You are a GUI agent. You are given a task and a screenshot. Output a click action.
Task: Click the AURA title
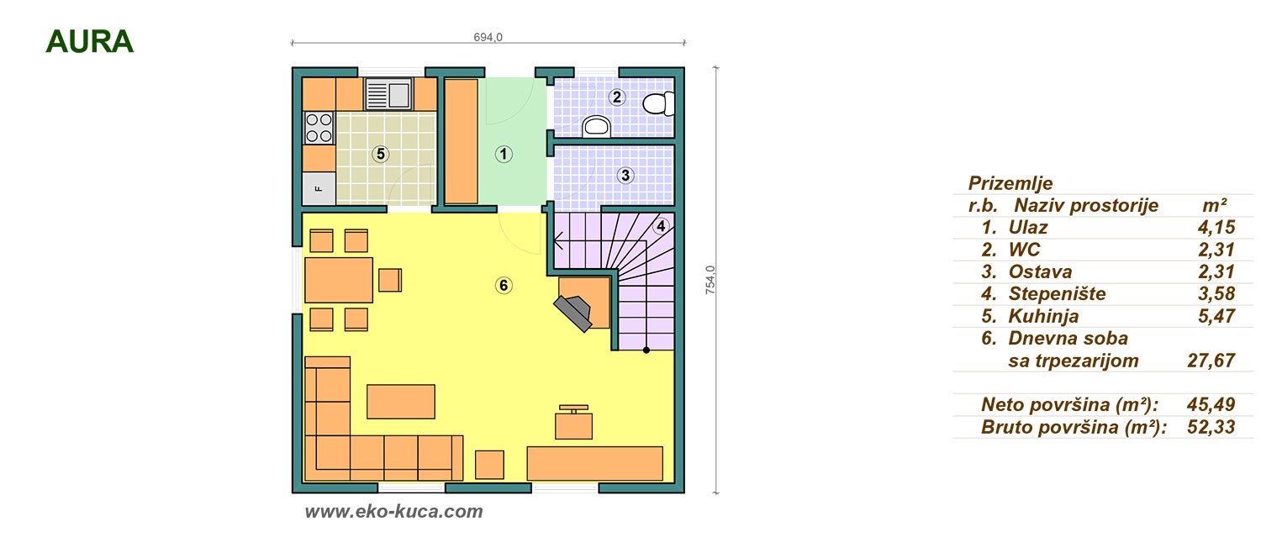pyautogui.click(x=89, y=42)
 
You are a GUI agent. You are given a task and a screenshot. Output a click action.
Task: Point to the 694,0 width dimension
pyautogui.click(x=488, y=37)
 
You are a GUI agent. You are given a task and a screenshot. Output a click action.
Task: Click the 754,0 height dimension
pyautogui.click(x=710, y=280)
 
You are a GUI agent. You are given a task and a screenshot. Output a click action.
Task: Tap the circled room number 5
pyautogui.click(x=381, y=154)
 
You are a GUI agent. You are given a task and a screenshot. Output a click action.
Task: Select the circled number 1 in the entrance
pyautogui.click(x=504, y=154)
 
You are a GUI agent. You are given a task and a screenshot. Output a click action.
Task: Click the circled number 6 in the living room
pyautogui.click(x=504, y=285)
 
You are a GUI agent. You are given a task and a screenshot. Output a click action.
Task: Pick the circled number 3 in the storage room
pyautogui.click(x=625, y=175)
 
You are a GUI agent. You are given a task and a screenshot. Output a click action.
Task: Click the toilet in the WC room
pyautogui.click(x=658, y=103)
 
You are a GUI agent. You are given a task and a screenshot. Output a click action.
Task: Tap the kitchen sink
pyautogui.click(x=389, y=93)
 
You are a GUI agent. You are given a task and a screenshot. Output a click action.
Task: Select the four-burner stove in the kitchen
pyautogui.click(x=319, y=128)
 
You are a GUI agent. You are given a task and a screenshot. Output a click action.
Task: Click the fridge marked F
pyautogui.click(x=319, y=188)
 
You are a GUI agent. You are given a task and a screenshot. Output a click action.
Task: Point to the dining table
pyautogui.click(x=339, y=280)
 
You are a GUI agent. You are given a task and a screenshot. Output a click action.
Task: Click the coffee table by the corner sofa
pyautogui.click(x=401, y=402)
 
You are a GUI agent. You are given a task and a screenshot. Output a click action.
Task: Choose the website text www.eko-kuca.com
pyautogui.click(x=394, y=511)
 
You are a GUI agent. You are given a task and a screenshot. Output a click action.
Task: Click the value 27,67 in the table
pyautogui.click(x=1211, y=360)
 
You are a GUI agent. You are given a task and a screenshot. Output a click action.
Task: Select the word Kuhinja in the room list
pyautogui.click(x=1043, y=316)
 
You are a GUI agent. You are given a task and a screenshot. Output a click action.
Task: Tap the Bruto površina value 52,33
pyautogui.click(x=1211, y=427)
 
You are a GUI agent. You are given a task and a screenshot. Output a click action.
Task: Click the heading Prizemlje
pyautogui.click(x=1010, y=183)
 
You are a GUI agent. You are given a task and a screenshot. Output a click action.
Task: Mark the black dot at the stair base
pyautogui.click(x=646, y=350)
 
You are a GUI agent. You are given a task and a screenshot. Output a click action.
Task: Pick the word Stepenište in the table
pyautogui.click(x=1057, y=293)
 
